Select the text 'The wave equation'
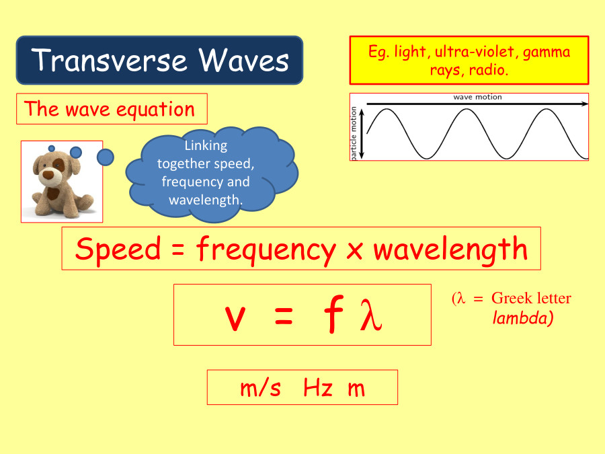tap(110, 109)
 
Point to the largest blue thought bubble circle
tap(106, 157)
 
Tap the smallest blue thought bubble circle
tap(52, 148)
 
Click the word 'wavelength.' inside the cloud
tap(205, 200)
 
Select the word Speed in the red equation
tap(118, 249)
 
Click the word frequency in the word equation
tap(266, 250)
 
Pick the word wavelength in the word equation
tap(450, 249)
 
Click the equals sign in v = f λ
tap(284, 319)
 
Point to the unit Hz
tap(317, 388)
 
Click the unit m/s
tap(260, 388)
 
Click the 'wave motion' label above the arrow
tap(477, 98)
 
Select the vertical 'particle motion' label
tap(354, 133)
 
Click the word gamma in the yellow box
tap(547, 52)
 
